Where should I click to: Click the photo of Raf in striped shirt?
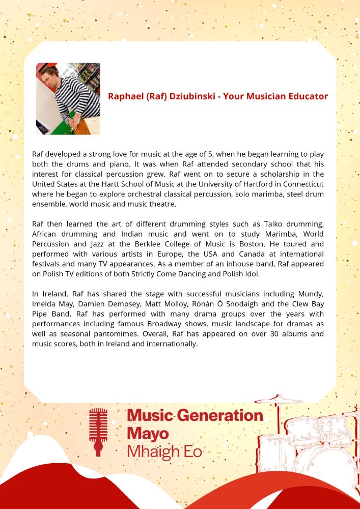coord(68,98)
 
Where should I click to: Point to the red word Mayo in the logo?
coord(146,434)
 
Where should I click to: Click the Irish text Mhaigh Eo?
coord(164,451)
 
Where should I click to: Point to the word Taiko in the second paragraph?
coord(260,224)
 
